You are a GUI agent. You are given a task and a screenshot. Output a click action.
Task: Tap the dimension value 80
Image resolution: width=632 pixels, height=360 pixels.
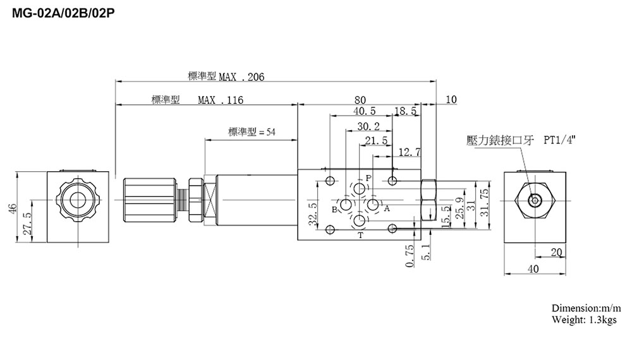360,100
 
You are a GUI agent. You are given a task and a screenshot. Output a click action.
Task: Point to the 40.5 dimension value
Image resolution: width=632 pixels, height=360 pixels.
365,112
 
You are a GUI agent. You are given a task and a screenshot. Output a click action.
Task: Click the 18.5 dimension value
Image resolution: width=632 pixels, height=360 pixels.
405,112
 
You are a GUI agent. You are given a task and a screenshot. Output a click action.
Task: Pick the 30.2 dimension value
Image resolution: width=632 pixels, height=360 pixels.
368,126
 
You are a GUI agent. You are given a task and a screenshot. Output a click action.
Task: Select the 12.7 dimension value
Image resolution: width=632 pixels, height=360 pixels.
410,152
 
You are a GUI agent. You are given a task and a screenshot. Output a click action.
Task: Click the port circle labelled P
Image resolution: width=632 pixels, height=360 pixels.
359,189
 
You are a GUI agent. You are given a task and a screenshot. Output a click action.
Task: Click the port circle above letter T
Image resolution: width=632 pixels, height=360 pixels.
359,220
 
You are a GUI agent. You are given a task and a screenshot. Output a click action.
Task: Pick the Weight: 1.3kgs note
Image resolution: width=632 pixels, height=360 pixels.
583,320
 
